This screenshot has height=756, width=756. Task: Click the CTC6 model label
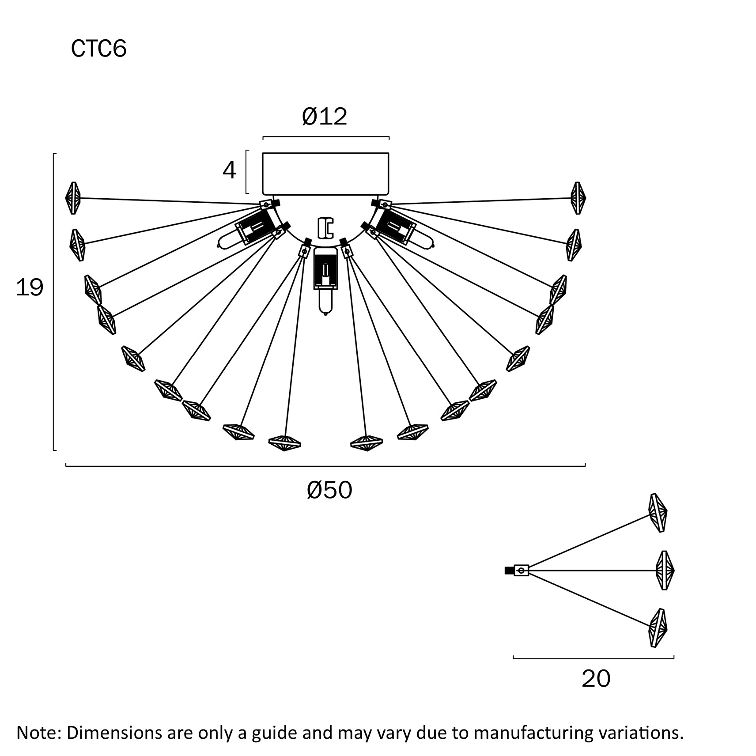(98, 49)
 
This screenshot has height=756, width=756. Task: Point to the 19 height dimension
(29, 288)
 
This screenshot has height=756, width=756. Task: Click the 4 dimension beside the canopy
(229, 170)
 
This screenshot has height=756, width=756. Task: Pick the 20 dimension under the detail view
(596, 679)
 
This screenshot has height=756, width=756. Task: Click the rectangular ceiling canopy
(325, 174)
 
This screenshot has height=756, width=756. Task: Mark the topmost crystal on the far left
(73, 198)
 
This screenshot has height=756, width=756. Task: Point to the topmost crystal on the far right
(578, 198)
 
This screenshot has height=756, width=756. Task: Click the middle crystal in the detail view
(665, 570)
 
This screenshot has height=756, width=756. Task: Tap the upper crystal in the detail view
(658, 513)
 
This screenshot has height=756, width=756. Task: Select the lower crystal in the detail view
(658, 627)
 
